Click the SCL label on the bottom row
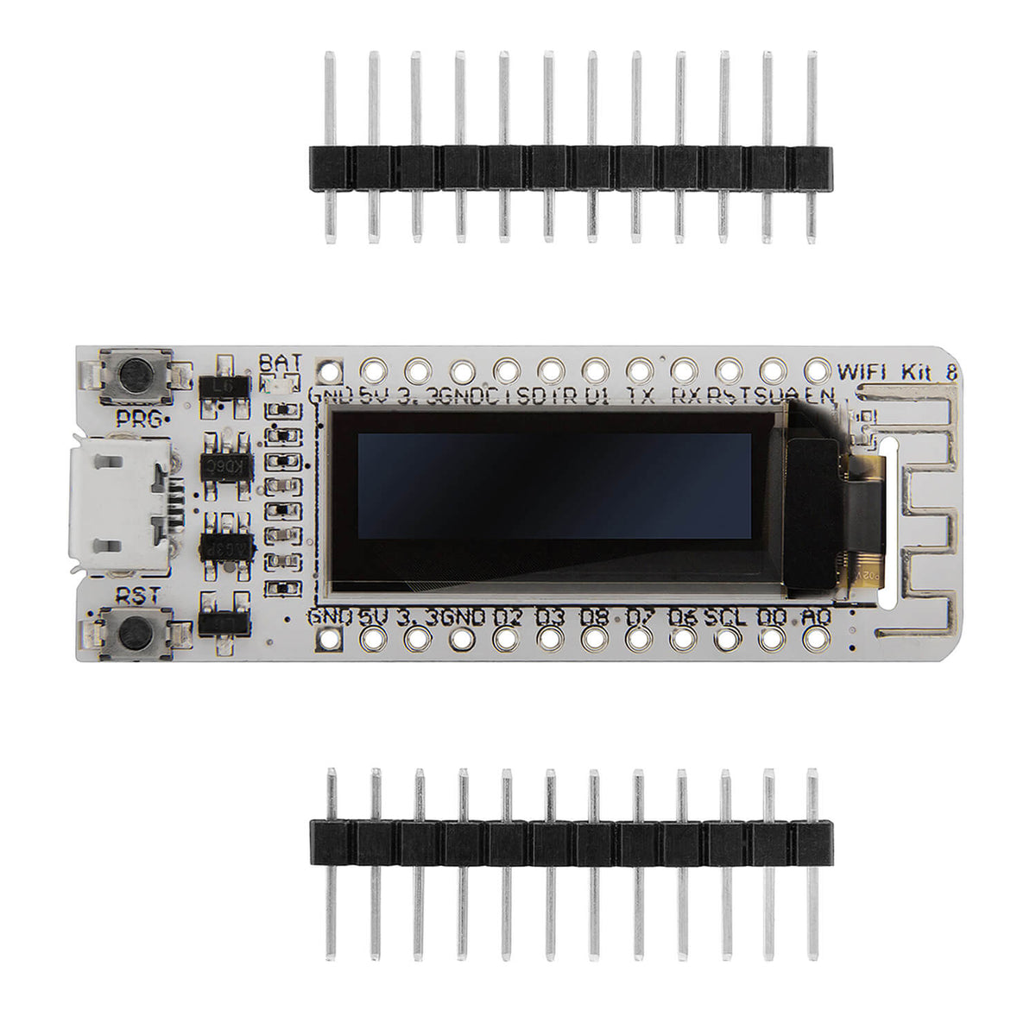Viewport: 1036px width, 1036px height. [725, 617]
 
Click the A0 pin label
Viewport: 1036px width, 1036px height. [815, 617]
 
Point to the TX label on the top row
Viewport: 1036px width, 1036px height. [640, 395]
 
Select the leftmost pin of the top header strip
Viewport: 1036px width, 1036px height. [329, 147]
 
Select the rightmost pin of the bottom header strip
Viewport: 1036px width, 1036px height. [812, 863]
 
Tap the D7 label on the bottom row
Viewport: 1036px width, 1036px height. [639, 617]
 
